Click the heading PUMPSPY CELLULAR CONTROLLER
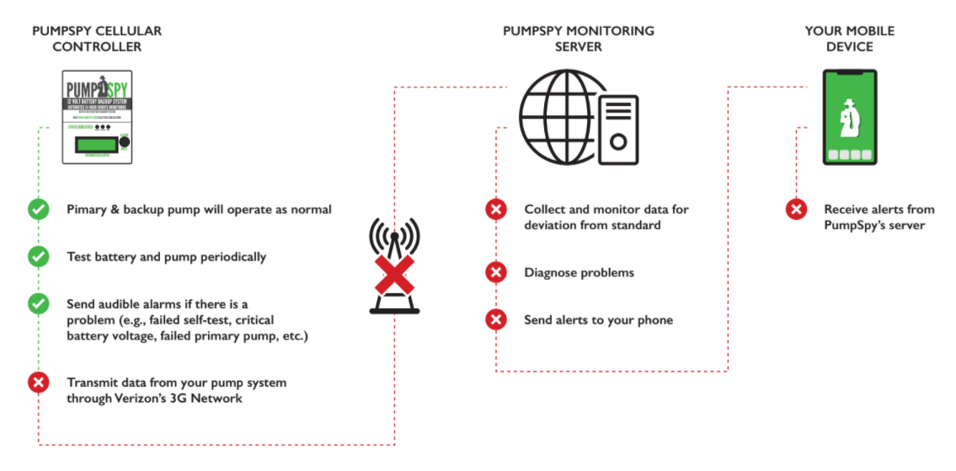(97, 39)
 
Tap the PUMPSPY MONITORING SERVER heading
(578, 39)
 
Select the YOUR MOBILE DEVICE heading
(849, 39)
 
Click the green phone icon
(850, 117)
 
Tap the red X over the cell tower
(394, 273)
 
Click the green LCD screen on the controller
(94, 144)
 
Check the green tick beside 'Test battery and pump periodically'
(39, 257)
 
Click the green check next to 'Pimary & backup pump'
(39, 209)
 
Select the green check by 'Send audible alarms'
(39, 303)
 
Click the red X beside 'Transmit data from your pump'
(39, 383)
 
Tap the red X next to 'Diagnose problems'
(496, 272)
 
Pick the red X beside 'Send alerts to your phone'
(496, 319)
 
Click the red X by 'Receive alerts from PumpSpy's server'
(796, 209)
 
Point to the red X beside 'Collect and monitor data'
(496, 209)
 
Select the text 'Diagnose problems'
(579, 273)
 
